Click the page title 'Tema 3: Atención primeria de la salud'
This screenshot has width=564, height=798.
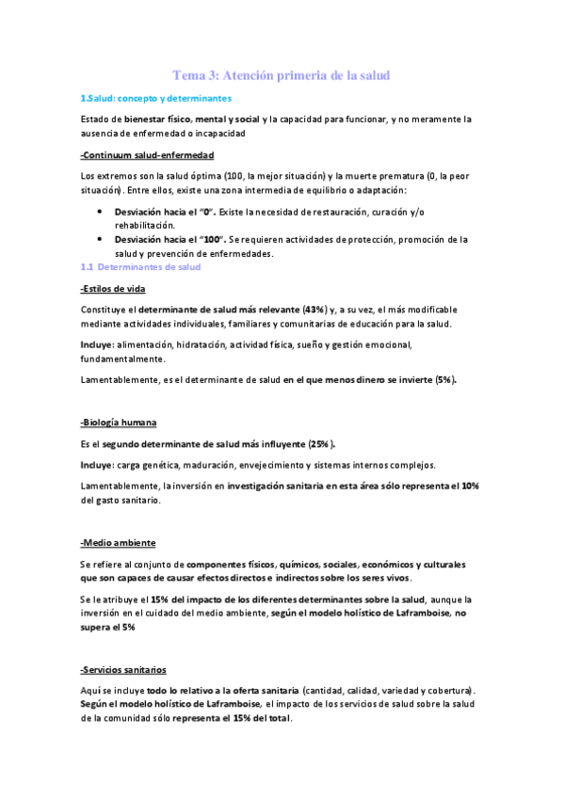pos(282,74)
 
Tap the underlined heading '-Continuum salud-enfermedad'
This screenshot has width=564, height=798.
pos(148,155)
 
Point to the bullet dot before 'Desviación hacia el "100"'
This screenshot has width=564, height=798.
pos(100,240)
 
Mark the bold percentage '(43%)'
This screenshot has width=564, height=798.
pos(314,309)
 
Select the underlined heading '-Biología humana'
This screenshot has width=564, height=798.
pos(119,423)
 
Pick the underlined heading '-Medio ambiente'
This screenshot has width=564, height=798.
pos(119,544)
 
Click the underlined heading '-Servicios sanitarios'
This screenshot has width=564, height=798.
pos(123,670)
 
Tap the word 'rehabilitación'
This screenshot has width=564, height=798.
pos(146,226)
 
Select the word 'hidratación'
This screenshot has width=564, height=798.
pos(224,344)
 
